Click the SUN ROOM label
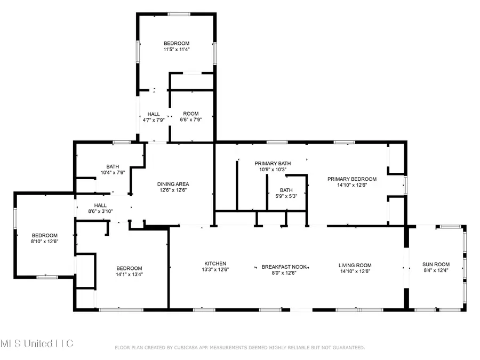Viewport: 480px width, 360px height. (436, 265)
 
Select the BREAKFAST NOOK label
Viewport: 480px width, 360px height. (283, 266)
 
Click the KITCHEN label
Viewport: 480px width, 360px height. (215, 263)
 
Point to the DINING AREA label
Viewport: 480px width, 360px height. (173, 183)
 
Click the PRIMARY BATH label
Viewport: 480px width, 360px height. (270, 163)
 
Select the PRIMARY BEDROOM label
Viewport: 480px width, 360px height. (351, 179)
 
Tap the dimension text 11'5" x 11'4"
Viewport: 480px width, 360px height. (177, 49)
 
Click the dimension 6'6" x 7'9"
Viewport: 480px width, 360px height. (191, 120)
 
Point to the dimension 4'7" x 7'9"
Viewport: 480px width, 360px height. (154, 120)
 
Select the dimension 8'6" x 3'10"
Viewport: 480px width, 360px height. (101, 211)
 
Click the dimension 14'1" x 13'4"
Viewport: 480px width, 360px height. (130, 275)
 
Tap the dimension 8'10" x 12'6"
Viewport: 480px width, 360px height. (44, 242)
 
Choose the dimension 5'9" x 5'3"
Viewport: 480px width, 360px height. (286, 196)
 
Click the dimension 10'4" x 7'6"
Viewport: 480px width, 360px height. (112, 172)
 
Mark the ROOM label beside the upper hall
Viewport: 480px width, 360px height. (191, 114)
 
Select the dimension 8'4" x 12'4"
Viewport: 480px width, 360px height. (436, 271)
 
